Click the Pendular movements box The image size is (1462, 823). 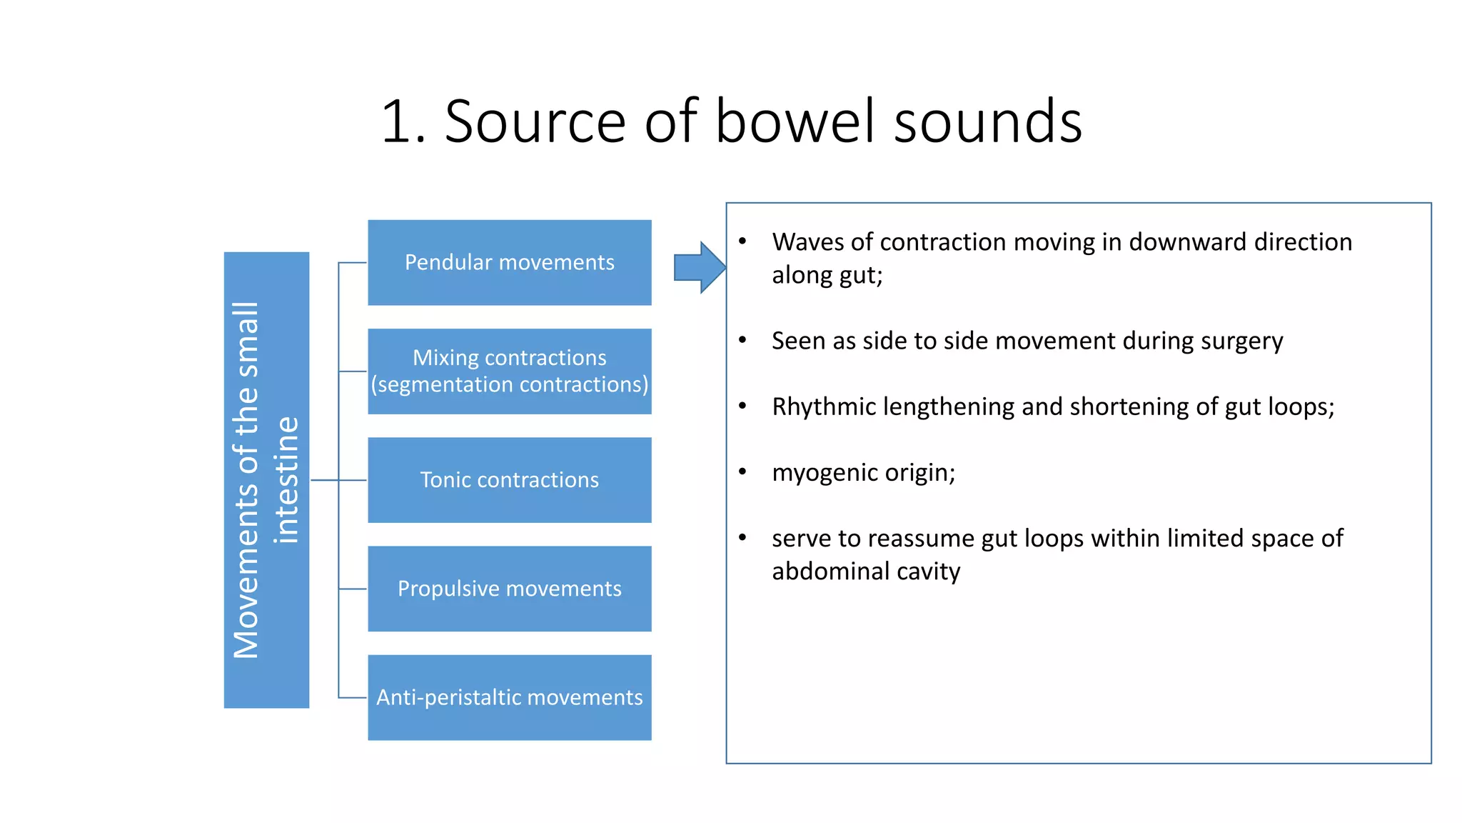[x=509, y=262]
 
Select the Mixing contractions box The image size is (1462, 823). [x=509, y=371]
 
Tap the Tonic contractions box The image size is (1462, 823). [x=509, y=479]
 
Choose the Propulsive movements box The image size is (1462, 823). [x=509, y=588]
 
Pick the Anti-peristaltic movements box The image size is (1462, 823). [x=509, y=697]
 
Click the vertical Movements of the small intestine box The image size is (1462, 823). [x=266, y=479]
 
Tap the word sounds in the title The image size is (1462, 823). [x=988, y=121]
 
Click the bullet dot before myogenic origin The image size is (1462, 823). [x=742, y=472]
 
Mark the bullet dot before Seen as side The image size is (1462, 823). [x=742, y=340]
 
